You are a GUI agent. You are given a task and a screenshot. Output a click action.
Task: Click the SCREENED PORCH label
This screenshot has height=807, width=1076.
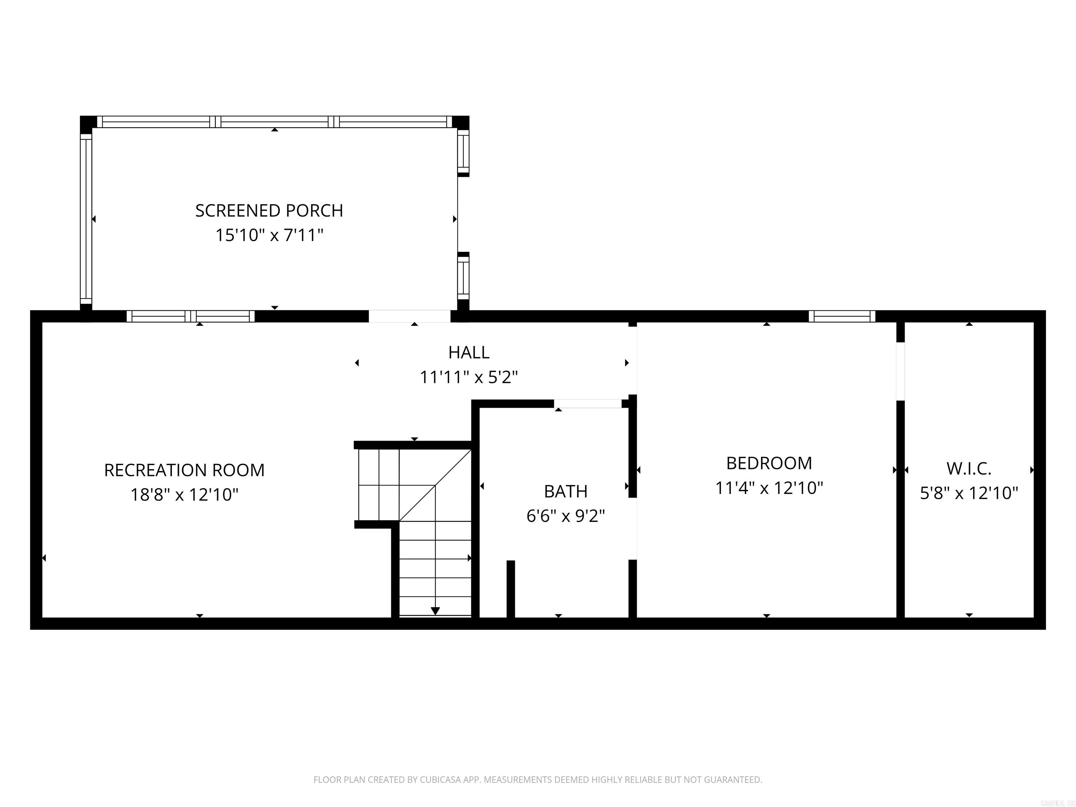coord(269,211)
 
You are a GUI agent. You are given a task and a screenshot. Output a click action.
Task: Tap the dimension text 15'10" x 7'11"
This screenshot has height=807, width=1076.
coord(269,235)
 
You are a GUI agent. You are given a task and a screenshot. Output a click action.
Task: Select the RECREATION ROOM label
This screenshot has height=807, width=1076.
coord(184,470)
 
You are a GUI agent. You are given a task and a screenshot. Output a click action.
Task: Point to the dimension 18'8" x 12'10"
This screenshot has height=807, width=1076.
coord(184,495)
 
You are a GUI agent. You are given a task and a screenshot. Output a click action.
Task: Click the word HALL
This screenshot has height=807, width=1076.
coord(468,352)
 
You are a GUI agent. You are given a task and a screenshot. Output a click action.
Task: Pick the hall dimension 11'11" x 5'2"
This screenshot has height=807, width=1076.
coord(468,377)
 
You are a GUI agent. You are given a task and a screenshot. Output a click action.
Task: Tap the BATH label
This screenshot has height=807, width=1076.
coord(566,491)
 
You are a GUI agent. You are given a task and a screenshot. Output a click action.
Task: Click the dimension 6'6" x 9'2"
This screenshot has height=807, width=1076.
coord(566,516)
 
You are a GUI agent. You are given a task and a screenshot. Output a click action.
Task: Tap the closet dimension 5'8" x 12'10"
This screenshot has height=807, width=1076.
coord(969,493)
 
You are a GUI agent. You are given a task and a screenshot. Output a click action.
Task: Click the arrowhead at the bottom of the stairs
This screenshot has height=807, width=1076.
coord(435,611)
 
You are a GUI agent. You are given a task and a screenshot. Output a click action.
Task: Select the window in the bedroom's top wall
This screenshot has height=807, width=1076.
coord(842,316)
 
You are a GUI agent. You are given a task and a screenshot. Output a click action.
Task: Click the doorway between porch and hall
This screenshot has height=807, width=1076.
coord(409,316)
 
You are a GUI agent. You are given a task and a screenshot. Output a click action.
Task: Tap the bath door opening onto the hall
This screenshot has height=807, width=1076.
coord(588,403)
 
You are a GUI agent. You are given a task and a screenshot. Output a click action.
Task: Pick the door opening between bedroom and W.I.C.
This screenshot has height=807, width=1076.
coord(901,372)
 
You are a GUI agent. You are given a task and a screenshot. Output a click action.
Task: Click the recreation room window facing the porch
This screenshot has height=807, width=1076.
coord(191,316)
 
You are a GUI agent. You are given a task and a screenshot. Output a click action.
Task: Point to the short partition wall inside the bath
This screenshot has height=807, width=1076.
coord(511,588)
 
